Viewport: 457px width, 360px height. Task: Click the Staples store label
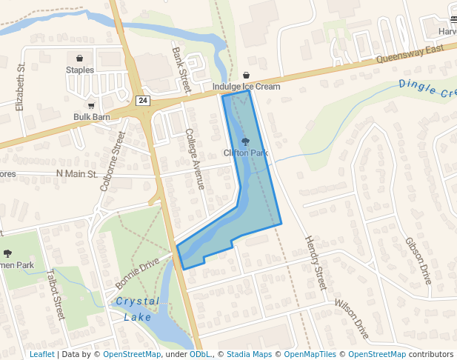[x=80, y=70]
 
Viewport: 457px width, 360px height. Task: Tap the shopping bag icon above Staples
[x=79, y=58]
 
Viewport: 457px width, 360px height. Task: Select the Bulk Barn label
[x=91, y=117]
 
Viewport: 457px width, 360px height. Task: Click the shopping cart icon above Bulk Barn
[x=91, y=106]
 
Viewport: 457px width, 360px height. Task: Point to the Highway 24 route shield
[x=143, y=100]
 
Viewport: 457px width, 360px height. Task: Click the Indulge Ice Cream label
[x=246, y=87]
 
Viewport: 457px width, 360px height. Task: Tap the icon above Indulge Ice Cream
[x=246, y=75]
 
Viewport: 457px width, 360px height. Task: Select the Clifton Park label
[x=245, y=153]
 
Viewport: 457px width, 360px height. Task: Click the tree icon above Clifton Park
[x=245, y=141]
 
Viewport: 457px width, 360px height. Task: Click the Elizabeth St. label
[x=21, y=87]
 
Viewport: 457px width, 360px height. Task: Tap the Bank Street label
[x=181, y=71]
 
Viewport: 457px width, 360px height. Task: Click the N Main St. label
[x=77, y=174]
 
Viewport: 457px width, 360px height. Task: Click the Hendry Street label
[x=315, y=263]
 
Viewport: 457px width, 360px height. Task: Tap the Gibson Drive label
[x=418, y=261]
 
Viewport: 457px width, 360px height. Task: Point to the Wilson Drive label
[x=351, y=319]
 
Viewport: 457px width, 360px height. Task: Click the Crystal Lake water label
[x=137, y=309]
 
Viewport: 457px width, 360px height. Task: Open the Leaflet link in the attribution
[x=41, y=355]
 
